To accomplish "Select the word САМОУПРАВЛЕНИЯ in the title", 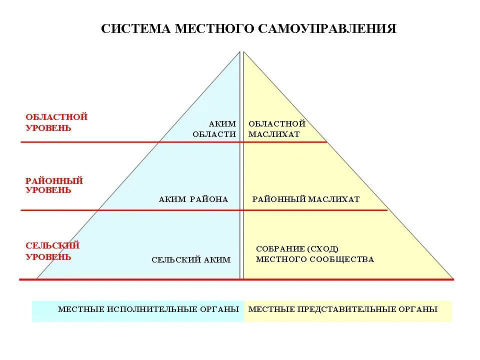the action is pyautogui.click(x=328, y=28).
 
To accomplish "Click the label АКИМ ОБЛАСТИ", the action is pyautogui.click(x=214, y=129).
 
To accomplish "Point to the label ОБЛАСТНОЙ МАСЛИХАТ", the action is pyautogui.click(x=276, y=129).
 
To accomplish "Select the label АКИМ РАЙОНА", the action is pyautogui.click(x=193, y=199).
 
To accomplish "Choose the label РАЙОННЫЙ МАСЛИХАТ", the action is pyautogui.click(x=306, y=199).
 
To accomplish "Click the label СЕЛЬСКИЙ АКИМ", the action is pyautogui.click(x=191, y=260).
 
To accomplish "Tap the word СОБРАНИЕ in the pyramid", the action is pyautogui.click(x=280, y=249).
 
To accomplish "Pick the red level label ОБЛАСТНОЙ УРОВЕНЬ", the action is pyautogui.click(x=56, y=122).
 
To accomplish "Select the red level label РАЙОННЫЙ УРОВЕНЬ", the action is pyautogui.click(x=54, y=185).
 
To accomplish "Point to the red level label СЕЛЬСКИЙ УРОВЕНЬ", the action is pyautogui.click(x=52, y=251).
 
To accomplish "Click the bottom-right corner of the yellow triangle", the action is pyautogui.click(x=452, y=278).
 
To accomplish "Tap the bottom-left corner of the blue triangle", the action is pyautogui.click(x=37, y=278).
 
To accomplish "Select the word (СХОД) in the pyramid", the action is pyautogui.click(x=323, y=249).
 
